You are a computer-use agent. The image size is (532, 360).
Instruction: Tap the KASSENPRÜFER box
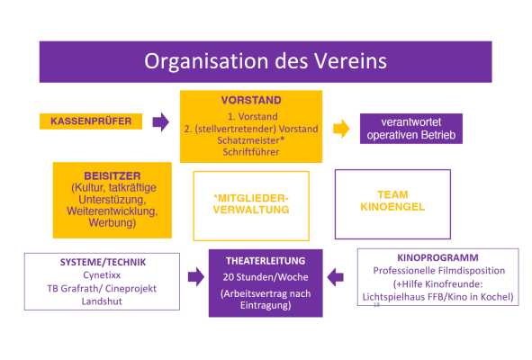tap(91, 121)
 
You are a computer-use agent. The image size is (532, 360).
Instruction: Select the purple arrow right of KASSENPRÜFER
tap(161, 121)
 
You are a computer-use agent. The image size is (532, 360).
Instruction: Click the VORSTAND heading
tap(251, 101)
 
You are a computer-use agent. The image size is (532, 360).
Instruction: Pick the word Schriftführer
tap(251, 152)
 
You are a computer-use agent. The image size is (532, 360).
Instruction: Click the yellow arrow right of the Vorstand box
tap(341, 129)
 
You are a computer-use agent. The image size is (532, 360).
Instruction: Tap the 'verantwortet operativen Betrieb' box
tap(411, 129)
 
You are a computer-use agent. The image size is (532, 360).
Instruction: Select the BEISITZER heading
tap(113, 175)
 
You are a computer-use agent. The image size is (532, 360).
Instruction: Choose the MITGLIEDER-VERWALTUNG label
tap(251, 204)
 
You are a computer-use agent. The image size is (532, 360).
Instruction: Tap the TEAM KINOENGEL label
tap(392, 201)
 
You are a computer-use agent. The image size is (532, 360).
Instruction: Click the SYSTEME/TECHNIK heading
tap(103, 262)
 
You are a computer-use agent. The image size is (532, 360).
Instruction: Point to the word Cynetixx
tap(102, 275)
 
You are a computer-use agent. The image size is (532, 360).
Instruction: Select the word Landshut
tap(102, 301)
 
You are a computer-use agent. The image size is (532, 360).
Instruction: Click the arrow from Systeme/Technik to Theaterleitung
tap(196, 277)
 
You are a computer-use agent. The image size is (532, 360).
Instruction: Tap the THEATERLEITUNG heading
tap(266, 261)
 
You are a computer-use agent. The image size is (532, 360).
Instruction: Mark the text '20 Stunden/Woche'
tap(266, 277)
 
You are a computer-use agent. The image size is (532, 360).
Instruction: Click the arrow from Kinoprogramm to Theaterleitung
tap(335, 277)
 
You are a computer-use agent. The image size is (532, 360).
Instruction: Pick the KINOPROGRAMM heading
tap(437, 258)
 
